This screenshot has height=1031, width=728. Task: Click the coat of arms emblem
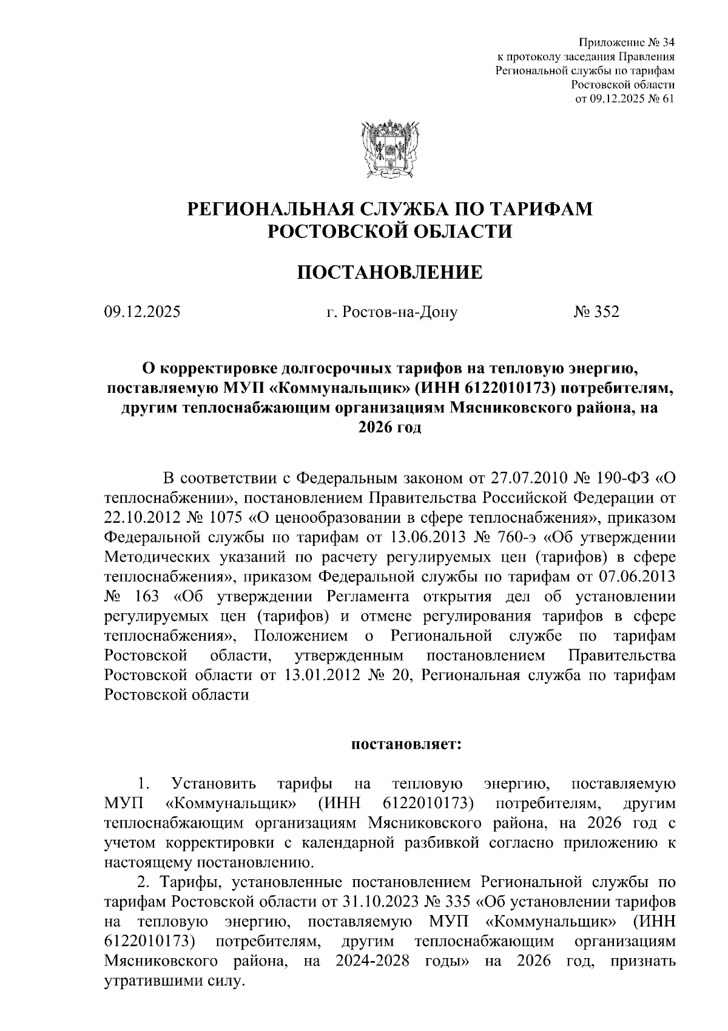pos(389,149)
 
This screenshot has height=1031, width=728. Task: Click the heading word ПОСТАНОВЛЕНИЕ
pos(389,273)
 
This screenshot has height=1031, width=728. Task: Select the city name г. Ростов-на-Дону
pos(391,313)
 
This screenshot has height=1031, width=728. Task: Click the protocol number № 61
pos(660,99)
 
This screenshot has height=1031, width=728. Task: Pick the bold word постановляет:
pos(406,744)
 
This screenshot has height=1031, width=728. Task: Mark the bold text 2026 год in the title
pos(389,427)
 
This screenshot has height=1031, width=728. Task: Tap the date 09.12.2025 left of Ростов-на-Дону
pos(143,312)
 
